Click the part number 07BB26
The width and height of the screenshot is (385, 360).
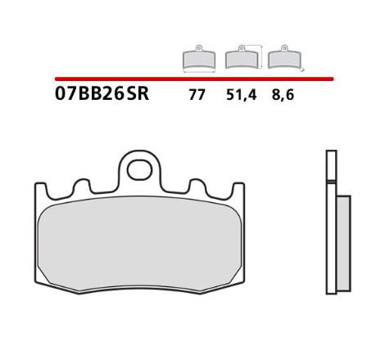tap(89, 93)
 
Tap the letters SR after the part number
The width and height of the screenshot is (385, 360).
tap(138, 93)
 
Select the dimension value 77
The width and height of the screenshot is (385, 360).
tap(197, 95)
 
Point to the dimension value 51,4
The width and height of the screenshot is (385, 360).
tap(242, 95)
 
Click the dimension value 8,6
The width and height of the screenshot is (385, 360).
tap(283, 95)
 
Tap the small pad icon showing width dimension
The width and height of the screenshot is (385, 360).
tap(199, 57)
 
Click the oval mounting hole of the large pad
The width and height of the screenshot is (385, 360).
tap(139, 170)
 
